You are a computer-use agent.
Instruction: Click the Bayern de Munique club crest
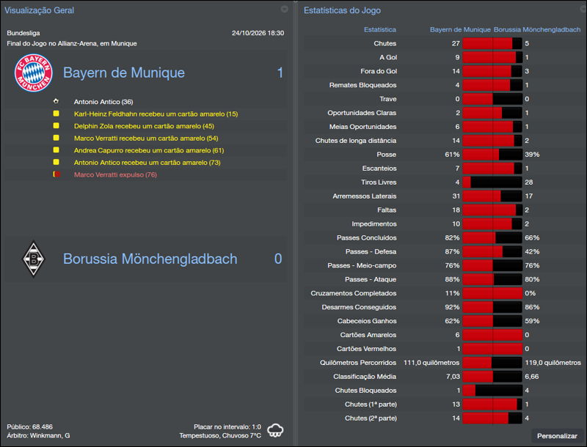point(34,73)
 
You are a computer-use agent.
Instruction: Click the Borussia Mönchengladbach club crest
point(33,259)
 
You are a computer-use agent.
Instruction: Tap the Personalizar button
point(557,436)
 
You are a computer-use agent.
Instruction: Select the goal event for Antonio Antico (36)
point(103,102)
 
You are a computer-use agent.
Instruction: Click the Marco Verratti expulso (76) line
point(115,174)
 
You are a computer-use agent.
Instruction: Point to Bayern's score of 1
point(280,73)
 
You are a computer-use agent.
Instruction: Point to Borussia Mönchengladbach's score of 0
point(278,259)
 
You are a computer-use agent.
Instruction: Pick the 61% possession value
point(452,155)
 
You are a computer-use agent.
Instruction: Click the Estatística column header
point(379,30)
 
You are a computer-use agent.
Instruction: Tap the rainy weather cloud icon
point(276,430)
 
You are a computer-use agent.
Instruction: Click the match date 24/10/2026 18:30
point(258,33)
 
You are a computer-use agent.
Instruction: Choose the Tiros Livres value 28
point(529,182)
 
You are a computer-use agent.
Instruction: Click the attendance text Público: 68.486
point(29,426)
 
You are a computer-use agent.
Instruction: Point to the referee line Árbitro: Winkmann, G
point(38,435)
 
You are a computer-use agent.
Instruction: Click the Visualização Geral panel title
point(39,11)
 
